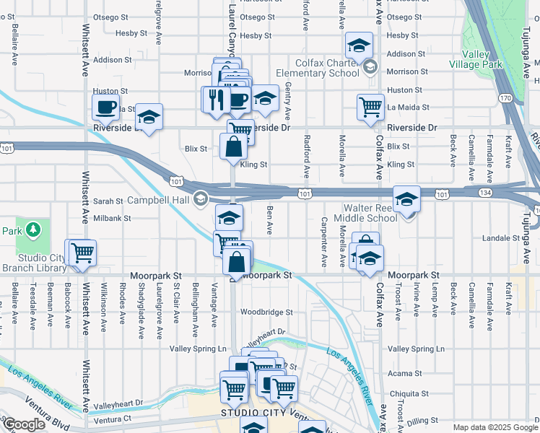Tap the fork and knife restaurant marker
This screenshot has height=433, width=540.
pos(215,99)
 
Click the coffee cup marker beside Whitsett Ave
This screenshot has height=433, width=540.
pos(105,108)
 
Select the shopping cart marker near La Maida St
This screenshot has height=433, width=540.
pos(370,107)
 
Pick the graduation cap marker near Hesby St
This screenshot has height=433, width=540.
pos(358,46)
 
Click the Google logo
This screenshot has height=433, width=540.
pos(24,424)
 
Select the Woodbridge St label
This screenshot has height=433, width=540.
pos(266,312)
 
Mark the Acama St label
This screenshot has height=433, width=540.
pos(404,374)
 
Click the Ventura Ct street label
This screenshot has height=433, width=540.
pos(112,419)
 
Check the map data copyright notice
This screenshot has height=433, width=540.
pos(495,427)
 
